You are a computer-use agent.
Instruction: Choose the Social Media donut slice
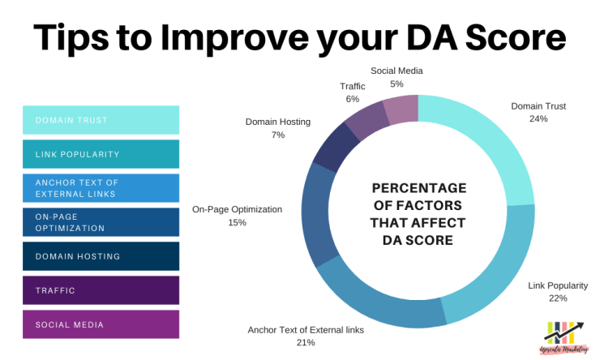(x=401, y=109)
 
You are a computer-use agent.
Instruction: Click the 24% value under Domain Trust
(x=538, y=118)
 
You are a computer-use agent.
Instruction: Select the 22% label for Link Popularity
(x=557, y=298)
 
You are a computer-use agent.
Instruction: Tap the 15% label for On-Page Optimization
(x=237, y=222)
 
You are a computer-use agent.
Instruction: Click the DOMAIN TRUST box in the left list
(x=101, y=120)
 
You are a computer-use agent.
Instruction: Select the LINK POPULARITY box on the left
(x=101, y=154)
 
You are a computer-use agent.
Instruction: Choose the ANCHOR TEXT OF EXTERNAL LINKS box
(x=101, y=188)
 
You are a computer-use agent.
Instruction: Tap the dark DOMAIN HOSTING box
(x=101, y=256)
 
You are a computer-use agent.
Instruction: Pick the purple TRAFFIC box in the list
(x=101, y=290)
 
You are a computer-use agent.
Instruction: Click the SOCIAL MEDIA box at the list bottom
(x=101, y=324)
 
